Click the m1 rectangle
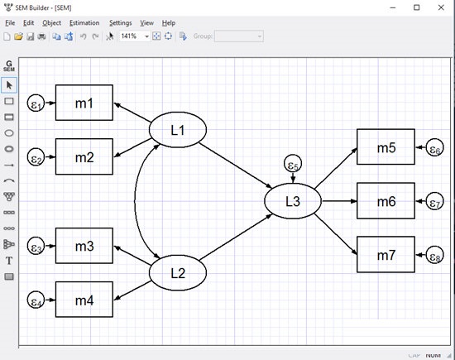(x=84, y=103)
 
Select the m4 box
(x=84, y=299)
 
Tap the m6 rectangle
(x=386, y=201)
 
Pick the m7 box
(x=386, y=255)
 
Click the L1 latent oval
(x=177, y=130)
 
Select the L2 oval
(x=177, y=271)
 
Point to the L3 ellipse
(x=293, y=201)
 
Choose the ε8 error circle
(x=435, y=256)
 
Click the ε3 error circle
(x=36, y=246)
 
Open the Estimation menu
(x=84, y=22)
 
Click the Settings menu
(x=120, y=22)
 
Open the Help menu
(x=169, y=22)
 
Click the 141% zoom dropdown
(x=135, y=36)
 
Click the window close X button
(x=438, y=7)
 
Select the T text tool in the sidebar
(x=9, y=260)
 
